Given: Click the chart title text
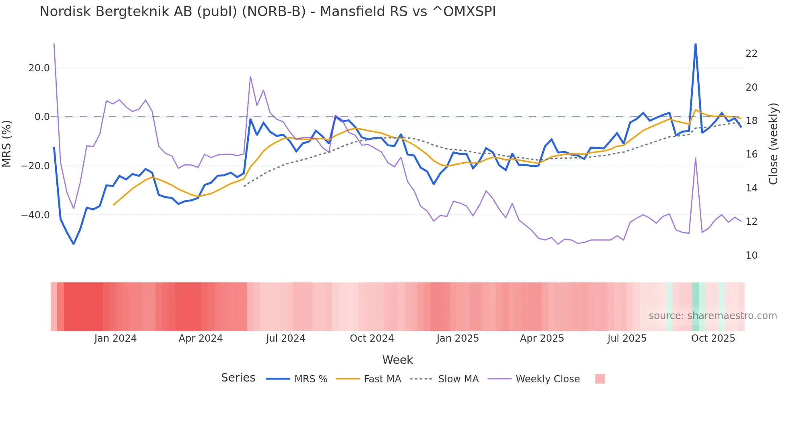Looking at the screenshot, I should tap(267, 12).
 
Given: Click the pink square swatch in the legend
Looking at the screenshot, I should tap(600, 379).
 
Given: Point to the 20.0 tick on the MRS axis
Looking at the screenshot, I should tap(39, 68).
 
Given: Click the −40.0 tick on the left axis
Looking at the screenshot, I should tap(36, 215).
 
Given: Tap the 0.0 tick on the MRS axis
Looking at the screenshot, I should tap(42, 117).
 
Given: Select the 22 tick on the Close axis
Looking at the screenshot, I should tap(751, 54).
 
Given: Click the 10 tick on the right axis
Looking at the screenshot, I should tap(751, 255).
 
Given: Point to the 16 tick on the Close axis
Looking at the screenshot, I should tap(751, 154).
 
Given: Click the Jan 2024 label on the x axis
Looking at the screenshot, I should tap(116, 338).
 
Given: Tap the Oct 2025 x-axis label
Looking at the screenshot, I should tap(713, 338).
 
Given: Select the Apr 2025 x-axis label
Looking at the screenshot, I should tap(542, 338).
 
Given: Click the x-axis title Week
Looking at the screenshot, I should tap(397, 360).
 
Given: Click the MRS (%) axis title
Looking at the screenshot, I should tap(7, 144).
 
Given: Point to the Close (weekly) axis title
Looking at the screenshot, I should tap(773, 144).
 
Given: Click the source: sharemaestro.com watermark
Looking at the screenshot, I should tap(713, 316).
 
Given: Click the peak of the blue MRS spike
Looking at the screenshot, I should tap(695, 44).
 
